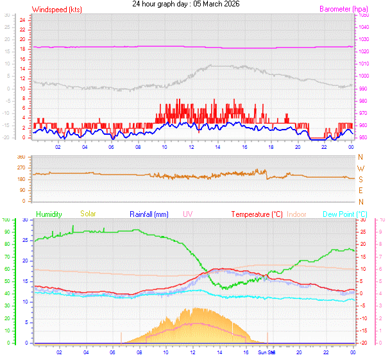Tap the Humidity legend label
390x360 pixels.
pos(49,214)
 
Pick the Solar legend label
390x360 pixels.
pos(88,214)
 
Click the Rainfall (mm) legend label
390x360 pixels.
pos(149,214)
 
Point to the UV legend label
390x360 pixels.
pos(187,214)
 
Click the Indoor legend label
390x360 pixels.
pos(297,214)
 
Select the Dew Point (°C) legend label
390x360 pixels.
pos(345,214)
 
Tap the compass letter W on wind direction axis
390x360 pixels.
pos(360,168)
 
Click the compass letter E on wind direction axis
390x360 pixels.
pos(360,191)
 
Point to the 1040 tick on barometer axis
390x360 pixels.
pos(364,27)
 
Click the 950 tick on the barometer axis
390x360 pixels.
pos(364,137)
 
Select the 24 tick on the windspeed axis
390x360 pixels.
pos(22,20)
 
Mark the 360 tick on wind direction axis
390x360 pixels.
pos(21,157)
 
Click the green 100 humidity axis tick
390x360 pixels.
pos(6,220)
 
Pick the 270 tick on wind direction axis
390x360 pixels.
pos(21,168)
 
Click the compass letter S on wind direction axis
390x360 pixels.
pos(360,179)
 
